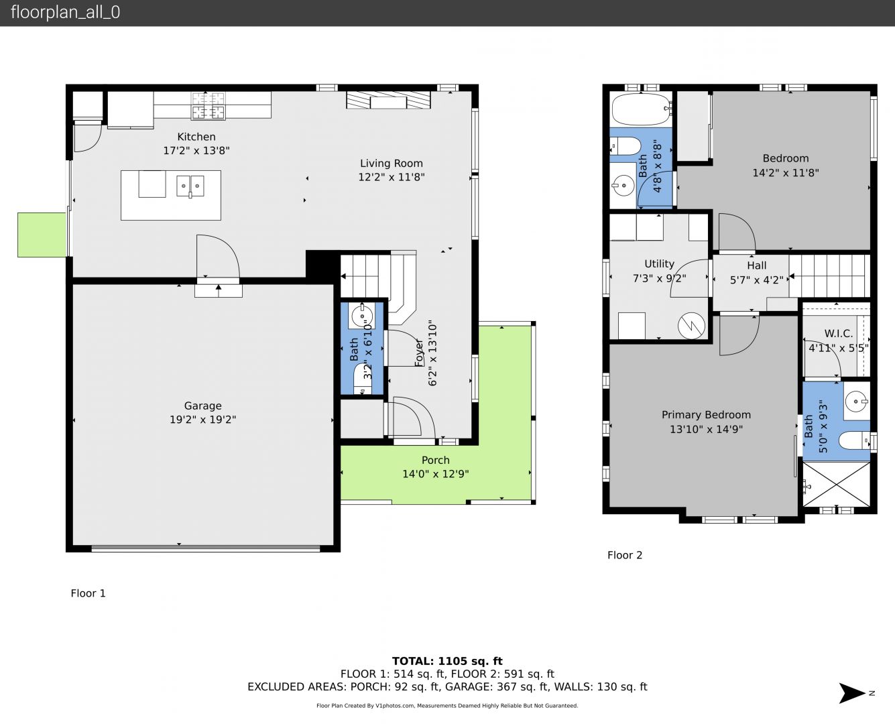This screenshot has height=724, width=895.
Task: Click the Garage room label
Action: [x=202, y=406]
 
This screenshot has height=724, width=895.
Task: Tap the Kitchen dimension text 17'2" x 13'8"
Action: [x=196, y=150]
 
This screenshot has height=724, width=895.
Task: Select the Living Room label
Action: [x=392, y=164]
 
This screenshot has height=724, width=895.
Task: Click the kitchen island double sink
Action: [x=190, y=186]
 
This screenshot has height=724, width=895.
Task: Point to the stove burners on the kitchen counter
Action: [x=208, y=105]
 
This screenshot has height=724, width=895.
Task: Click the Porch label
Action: [x=435, y=460]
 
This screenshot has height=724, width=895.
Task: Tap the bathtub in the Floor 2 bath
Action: [x=641, y=109]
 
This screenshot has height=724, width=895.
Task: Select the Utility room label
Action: [x=659, y=264]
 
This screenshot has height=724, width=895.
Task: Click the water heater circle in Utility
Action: [x=691, y=325]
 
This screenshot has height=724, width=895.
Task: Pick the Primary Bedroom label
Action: [x=706, y=415]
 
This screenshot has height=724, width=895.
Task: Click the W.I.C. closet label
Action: [x=838, y=334]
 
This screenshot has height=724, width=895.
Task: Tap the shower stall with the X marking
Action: [x=836, y=484]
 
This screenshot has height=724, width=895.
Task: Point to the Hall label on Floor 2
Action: [x=756, y=265]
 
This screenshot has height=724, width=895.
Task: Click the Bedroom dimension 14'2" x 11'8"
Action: [x=785, y=173]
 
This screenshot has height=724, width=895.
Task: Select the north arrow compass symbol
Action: [x=852, y=693]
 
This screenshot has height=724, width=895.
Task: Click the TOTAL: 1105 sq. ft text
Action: [x=447, y=662]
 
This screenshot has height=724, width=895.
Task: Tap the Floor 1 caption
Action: [x=88, y=593]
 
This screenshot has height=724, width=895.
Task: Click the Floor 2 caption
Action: [x=624, y=555]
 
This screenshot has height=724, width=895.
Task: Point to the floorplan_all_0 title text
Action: [x=65, y=12]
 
